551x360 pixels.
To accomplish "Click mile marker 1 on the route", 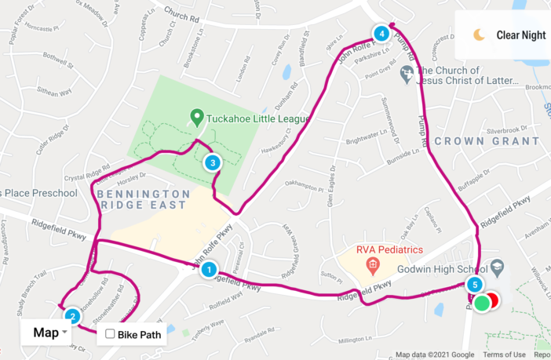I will (x=209, y=271).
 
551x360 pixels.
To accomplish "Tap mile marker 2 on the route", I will (x=72, y=317).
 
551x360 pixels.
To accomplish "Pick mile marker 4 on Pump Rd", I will (x=381, y=34).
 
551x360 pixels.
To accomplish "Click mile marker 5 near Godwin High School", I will (x=473, y=285).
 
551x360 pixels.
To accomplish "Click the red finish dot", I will (x=492, y=300).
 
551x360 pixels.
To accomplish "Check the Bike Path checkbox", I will (x=111, y=334).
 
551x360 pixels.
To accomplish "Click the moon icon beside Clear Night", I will (x=479, y=35).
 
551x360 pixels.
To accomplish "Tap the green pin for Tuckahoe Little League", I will (x=196, y=119).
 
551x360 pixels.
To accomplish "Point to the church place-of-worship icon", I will (x=407, y=75).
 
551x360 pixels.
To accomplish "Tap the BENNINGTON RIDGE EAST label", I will (x=141, y=199).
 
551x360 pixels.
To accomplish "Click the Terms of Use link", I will (x=505, y=355).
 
